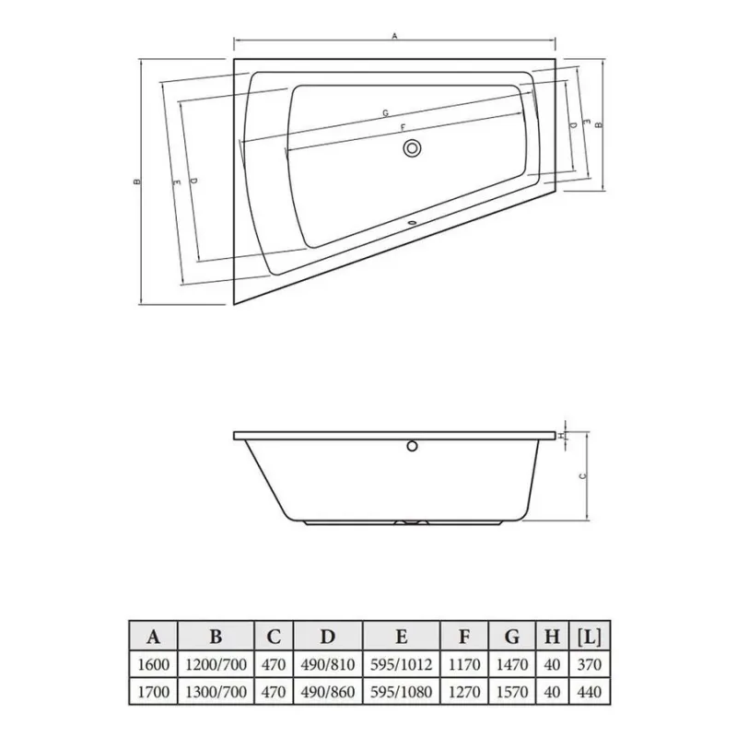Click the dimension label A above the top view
point(395,35)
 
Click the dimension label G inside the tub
point(385,112)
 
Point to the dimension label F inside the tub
point(403,127)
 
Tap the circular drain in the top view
point(412,148)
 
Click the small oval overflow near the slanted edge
point(412,223)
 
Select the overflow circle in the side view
point(412,446)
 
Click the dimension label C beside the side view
point(583,476)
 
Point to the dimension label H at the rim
point(561,436)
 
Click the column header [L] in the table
point(590,637)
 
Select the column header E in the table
point(402,637)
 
